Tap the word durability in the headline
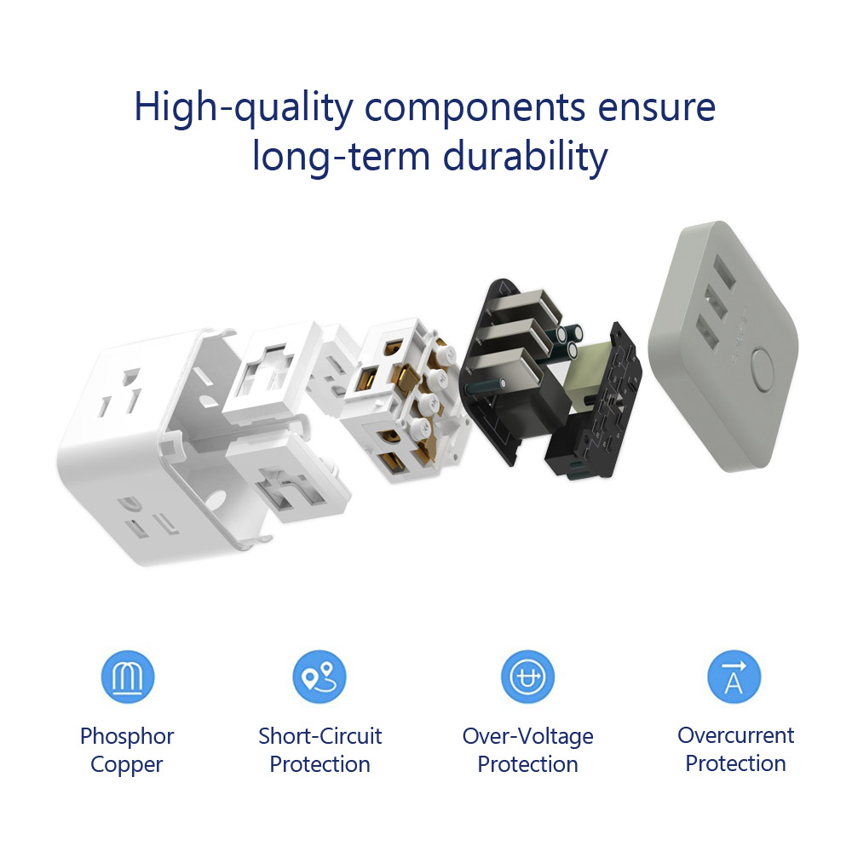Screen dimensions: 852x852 pyautogui.click(x=525, y=157)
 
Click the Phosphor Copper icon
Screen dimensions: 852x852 pyautogui.click(x=128, y=677)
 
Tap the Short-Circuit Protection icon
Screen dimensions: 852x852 pyautogui.click(x=319, y=677)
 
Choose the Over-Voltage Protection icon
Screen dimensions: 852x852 pyautogui.click(x=527, y=677)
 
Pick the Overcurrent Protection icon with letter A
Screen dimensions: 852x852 pyautogui.click(x=734, y=677)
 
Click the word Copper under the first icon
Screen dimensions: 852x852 pyautogui.click(x=127, y=765)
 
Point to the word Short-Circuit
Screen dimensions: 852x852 pyautogui.click(x=320, y=736)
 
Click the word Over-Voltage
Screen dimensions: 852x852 pyautogui.click(x=527, y=737)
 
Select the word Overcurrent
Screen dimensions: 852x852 pyautogui.click(x=736, y=736)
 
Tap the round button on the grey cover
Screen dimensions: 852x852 pyautogui.click(x=763, y=370)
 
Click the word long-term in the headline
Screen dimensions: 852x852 pyautogui.click(x=342, y=157)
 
